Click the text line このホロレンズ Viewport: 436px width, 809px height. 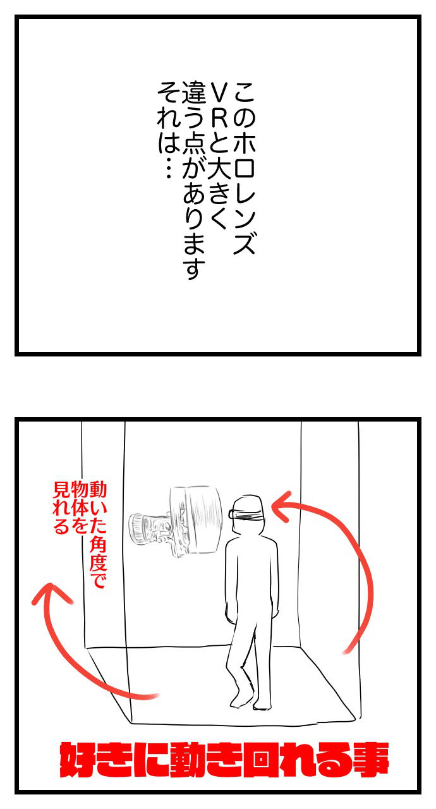pos(245,168)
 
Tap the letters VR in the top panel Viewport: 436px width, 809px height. pos(219,105)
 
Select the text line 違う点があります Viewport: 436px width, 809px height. pos(193,181)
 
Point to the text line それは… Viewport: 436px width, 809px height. pos(168,130)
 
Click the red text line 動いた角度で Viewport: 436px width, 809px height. pos(98,534)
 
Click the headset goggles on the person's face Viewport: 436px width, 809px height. pos(246,513)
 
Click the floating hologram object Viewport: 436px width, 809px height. pos(176,520)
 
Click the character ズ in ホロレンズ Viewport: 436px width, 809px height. pos(245,242)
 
